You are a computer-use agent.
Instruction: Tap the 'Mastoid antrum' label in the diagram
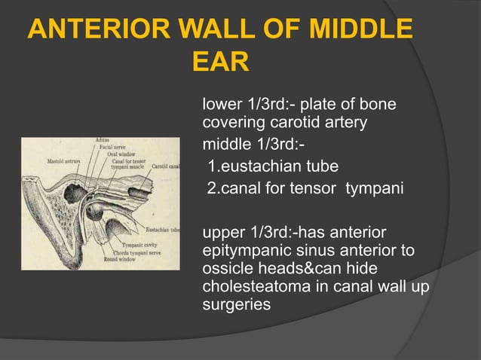tap(64, 160)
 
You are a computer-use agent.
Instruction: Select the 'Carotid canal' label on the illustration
tap(166, 166)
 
